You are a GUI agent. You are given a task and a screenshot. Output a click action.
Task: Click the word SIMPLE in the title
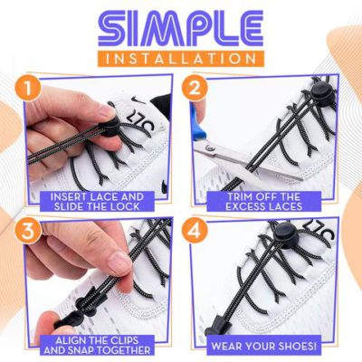[180, 27]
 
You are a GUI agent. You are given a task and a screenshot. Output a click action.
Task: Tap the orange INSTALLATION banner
[181, 57]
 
